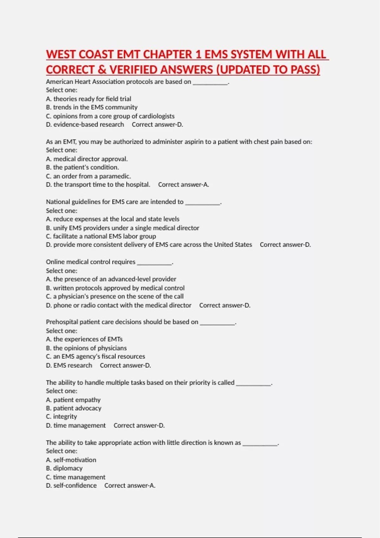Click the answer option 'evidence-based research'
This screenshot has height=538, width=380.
88,125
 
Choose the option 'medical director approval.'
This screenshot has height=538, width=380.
90,159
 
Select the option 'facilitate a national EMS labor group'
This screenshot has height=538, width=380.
104,236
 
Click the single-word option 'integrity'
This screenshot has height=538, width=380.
65,417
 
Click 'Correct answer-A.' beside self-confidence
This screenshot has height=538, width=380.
130,486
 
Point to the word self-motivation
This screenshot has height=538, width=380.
75,460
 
